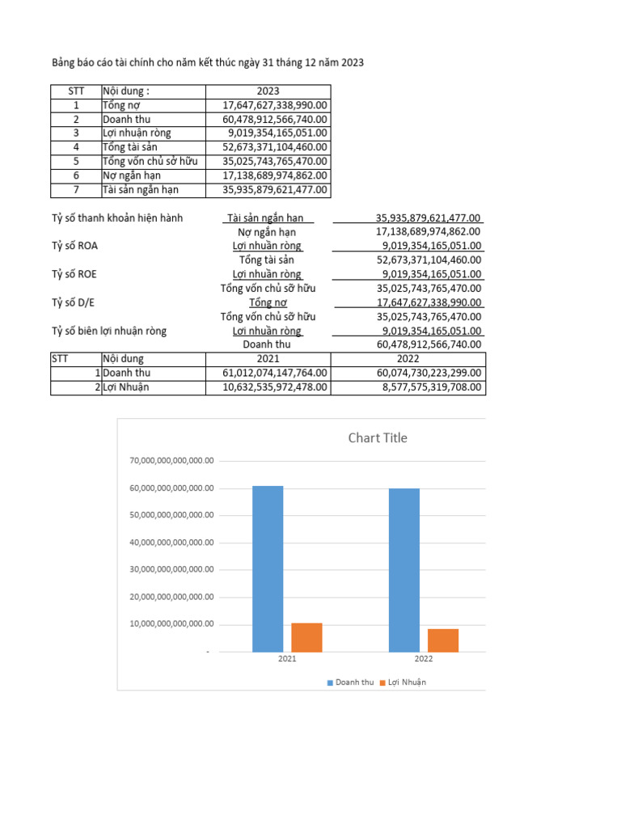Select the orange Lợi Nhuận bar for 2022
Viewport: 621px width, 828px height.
(443, 640)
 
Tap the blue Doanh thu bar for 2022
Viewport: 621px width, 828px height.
(404, 570)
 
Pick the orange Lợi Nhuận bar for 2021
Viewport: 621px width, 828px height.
(306, 637)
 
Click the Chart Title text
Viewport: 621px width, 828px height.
(378, 438)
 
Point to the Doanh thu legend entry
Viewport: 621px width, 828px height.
(350, 682)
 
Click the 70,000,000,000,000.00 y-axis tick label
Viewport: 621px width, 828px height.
(171, 460)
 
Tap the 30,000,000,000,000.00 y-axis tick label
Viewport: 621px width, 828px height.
(171, 569)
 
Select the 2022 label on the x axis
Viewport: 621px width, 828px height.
(424, 659)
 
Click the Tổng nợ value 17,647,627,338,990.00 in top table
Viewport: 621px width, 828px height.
(275, 105)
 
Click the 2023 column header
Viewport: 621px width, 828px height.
(268, 91)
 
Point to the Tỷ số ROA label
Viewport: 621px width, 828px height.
(75, 246)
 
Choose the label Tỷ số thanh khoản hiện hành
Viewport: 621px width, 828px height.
(117, 218)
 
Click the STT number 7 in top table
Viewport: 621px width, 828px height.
(76, 190)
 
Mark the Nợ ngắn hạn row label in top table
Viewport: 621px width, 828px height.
(131, 175)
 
